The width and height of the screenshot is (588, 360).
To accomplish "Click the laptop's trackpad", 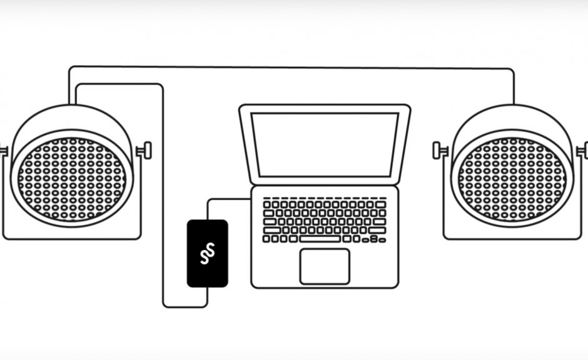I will [x=325, y=266].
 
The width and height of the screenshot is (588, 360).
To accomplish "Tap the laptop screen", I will [x=325, y=144].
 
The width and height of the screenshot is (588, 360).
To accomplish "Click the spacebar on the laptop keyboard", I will [x=320, y=239].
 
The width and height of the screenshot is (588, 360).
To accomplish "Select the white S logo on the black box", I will [x=207, y=253].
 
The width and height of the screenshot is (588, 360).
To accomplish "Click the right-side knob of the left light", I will [x=146, y=151].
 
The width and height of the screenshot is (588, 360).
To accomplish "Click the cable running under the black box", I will [x=185, y=307].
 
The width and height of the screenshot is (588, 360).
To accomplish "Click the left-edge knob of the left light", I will [x=3, y=151].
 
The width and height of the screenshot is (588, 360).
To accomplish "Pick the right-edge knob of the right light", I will [x=584, y=151].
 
